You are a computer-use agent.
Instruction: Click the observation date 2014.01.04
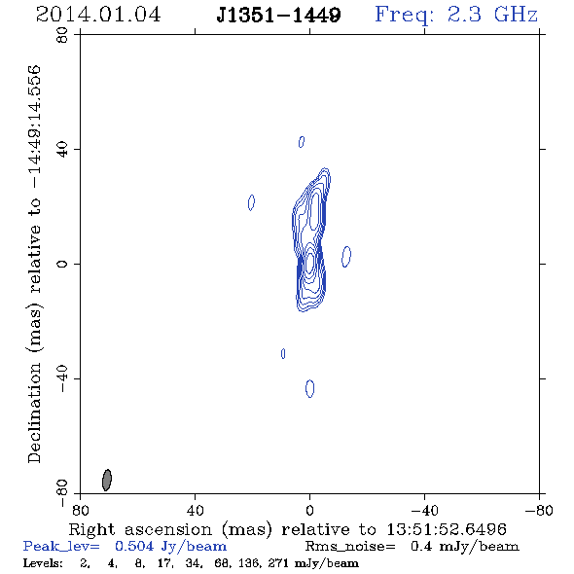click(x=98, y=15)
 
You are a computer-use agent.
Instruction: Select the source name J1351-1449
click(x=278, y=16)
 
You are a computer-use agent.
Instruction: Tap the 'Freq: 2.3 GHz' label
click(x=456, y=15)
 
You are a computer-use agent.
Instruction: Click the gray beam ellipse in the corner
click(x=107, y=480)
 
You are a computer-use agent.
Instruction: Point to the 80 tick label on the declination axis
click(x=62, y=35)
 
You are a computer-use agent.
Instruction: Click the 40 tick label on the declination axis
click(x=62, y=150)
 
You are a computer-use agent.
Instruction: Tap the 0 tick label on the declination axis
click(x=62, y=264)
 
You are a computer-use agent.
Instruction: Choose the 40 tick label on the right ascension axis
click(x=195, y=511)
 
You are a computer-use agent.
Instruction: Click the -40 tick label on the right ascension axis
click(x=424, y=511)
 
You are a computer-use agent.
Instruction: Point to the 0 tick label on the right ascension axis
click(x=309, y=511)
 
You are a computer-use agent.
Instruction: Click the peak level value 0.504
click(x=134, y=546)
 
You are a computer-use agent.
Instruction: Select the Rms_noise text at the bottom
click(x=350, y=546)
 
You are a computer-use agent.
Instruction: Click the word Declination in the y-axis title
click(x=34, y=413)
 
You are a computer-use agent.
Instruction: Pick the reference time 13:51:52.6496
click(x=447, y=529)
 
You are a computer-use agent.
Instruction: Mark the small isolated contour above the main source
click(x=302, y=142)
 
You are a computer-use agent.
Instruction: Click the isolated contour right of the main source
click(x=346, y=256)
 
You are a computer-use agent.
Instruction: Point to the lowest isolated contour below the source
click(x=309, y=388)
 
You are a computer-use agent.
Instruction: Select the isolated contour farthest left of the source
click(x=251, y=202)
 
